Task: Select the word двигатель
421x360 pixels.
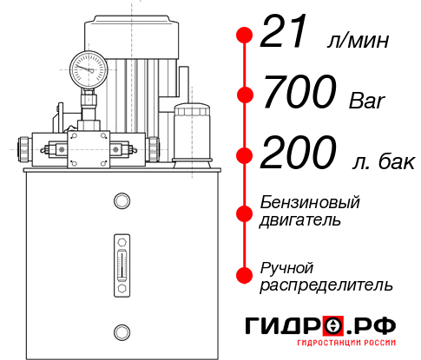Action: click(300, 219)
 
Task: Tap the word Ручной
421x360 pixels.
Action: click(287, 266)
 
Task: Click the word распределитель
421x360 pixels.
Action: click(326, 284)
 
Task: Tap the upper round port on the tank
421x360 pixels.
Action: click(121, 202)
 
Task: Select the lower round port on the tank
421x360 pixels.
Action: click(121, 331)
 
